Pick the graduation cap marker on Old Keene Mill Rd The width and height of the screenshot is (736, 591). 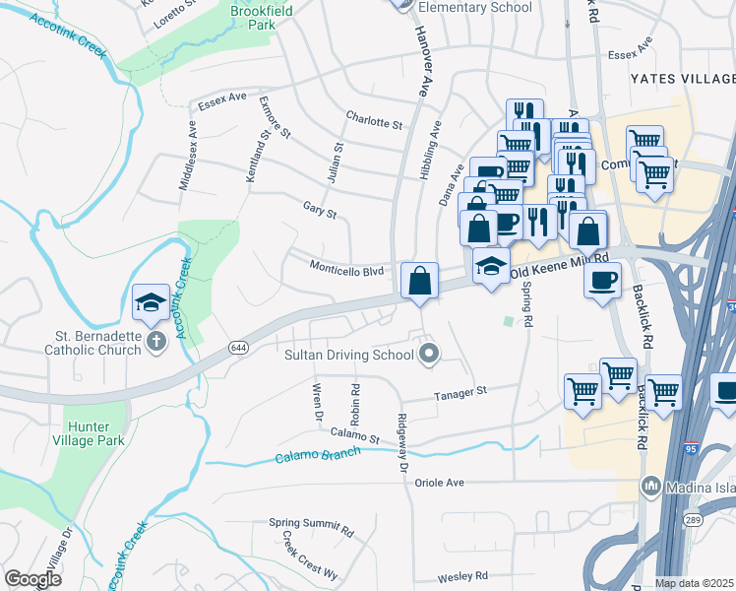pos(491,266)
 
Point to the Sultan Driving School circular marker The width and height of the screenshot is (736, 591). pos(428,354)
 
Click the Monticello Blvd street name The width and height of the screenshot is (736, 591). pos(345,269)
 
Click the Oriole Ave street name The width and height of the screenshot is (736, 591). pos(439,483)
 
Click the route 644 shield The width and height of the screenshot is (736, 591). pos(238,348)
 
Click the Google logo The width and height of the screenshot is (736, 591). pos(33,578)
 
